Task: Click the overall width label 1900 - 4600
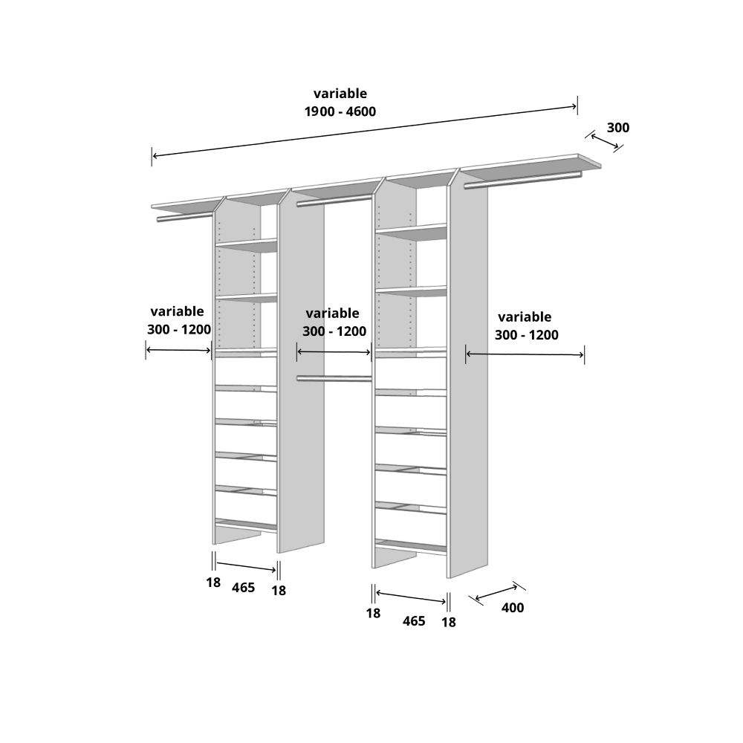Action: (x=340, y=112)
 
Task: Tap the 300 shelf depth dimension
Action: (x=618, y=128)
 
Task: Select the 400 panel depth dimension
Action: (x=513, y=608)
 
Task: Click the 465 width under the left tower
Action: (x=243, y=588)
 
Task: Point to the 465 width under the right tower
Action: (x=414, y=620)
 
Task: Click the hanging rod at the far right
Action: (x=522, y=180)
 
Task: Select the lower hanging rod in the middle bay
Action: (x=334, y=378)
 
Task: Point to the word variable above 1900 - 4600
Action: (x=340, y=94)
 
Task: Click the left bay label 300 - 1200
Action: (x=179, y=329)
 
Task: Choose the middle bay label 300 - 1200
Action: (x=334, y=331)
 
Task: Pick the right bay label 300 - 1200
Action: (x=527, y=335)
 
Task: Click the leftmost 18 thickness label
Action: (x=213, y=583)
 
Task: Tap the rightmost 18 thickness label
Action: (x=449, y=622)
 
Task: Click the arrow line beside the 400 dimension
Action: (x=496, y=593)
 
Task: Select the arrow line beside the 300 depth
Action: (x=605, y=141)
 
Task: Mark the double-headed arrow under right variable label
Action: (x=525, y=354)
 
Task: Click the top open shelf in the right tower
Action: (x=412, y=232)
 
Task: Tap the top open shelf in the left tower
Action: (x=247, y=245)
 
